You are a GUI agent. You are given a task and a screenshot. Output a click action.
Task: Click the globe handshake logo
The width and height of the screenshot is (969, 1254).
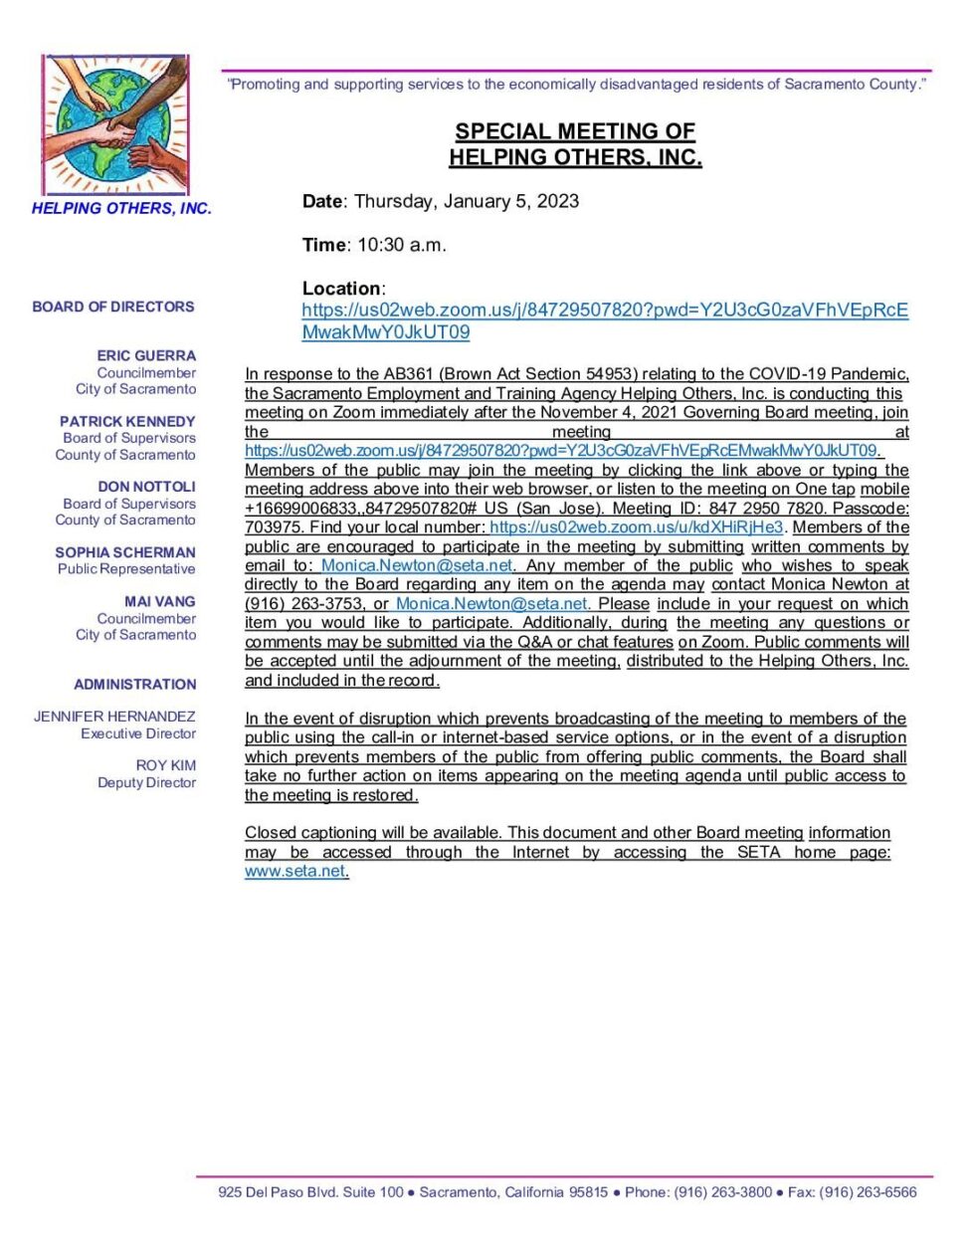(115, 125)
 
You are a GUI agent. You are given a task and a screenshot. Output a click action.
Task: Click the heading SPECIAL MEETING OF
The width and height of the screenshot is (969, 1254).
(575, 131)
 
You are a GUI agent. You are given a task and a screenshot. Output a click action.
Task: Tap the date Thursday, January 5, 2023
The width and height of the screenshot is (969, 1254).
(466, 201)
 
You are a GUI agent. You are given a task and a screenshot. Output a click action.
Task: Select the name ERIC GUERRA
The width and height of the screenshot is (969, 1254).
(146, 355)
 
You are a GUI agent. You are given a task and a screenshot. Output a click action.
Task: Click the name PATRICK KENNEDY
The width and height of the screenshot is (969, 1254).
(127, 421)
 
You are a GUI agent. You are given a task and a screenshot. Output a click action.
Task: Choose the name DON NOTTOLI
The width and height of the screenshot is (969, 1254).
(146, 487)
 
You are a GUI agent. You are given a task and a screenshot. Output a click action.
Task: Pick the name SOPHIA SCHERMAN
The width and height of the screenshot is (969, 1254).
(125, 552)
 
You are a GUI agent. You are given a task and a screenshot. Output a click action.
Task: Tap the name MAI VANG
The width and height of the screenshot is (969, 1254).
(159, 601)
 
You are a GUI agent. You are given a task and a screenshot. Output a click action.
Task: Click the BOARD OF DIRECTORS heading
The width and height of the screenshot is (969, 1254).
(113, 307)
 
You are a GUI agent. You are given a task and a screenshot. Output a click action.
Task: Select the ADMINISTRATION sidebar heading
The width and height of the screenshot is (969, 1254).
(135, 685)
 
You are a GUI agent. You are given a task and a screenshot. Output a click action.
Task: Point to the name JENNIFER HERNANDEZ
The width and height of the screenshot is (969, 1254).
(114, 717)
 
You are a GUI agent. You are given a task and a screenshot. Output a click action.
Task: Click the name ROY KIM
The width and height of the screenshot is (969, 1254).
(166, 765)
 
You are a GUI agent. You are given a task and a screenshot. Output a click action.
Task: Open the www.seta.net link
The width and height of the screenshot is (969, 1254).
(294, 871)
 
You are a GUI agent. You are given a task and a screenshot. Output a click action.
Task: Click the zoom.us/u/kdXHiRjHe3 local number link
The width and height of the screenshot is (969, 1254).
(637, 527)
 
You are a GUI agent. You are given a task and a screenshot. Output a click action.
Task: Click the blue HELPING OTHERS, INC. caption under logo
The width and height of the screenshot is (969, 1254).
(121, 209)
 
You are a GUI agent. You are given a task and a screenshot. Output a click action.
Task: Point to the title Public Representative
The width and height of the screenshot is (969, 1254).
(126, 569)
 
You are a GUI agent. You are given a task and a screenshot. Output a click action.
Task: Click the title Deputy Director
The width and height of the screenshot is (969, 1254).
(146, 782)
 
